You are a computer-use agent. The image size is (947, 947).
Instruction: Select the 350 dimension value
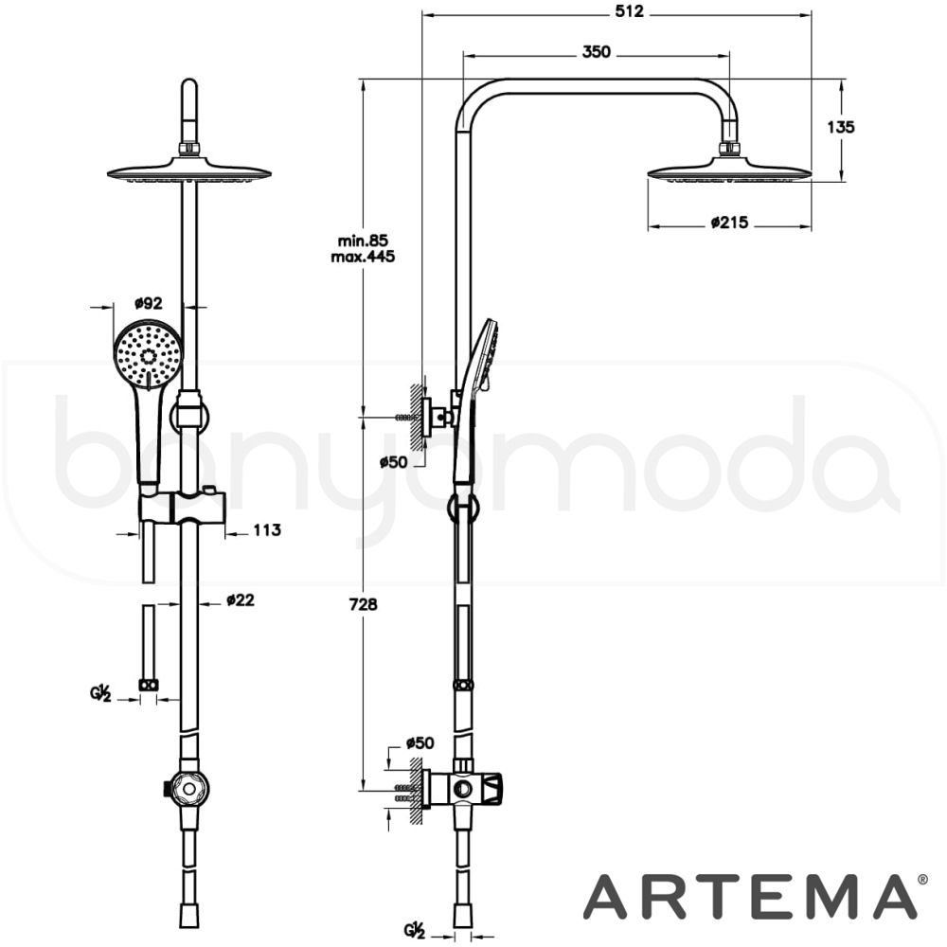coord(596,52)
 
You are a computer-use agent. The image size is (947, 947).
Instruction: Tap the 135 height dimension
coord(841,127)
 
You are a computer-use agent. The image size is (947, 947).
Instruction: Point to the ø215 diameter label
coord(729,223)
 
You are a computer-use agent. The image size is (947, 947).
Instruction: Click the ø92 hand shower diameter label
coord(148,303)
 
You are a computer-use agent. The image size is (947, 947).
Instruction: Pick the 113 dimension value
coord(267,530)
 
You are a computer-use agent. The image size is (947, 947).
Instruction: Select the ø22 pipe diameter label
coord(241,600)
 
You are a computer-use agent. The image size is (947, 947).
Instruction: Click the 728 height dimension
coord(363,604)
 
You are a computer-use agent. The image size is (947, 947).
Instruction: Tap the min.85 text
coord(363,241)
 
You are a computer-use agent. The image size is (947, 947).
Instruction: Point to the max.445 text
coord(363,257)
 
